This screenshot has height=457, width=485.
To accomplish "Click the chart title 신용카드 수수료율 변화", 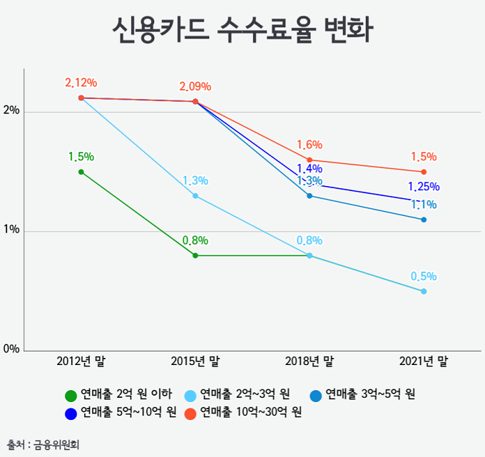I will coord(243,33).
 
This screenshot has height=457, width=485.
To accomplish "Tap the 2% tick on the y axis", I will coord(11,111).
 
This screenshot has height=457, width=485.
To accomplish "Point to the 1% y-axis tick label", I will coord(11,231).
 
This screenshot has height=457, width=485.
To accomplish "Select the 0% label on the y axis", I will coord(11,349).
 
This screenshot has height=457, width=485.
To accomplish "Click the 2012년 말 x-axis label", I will coord(81,362).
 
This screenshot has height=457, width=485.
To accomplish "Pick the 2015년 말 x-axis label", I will coord(195,362).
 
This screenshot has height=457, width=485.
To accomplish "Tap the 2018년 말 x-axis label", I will coord(309,362).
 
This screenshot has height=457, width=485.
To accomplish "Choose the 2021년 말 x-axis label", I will coord(423,362).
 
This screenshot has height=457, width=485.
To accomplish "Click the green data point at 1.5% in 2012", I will coord(81,172).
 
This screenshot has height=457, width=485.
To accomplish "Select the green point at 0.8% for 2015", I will coord(195,255).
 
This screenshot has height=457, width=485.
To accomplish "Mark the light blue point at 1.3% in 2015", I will coord(195,195).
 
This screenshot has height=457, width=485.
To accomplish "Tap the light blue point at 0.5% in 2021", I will coord(424,291).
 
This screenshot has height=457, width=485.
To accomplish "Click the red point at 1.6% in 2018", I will coord(310,160).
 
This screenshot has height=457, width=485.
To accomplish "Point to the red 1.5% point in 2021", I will coord(424,172).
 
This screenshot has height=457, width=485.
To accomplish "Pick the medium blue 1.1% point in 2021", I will coord(424,220).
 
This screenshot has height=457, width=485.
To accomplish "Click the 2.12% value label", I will coord(81,83).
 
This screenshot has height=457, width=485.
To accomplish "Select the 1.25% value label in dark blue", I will coord(424,188).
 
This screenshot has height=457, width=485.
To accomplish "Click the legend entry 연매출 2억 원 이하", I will coord(118,395).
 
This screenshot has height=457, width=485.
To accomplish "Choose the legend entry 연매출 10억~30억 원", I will coord(242,412).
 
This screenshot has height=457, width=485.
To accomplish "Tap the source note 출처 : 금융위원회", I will coord(44,443).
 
